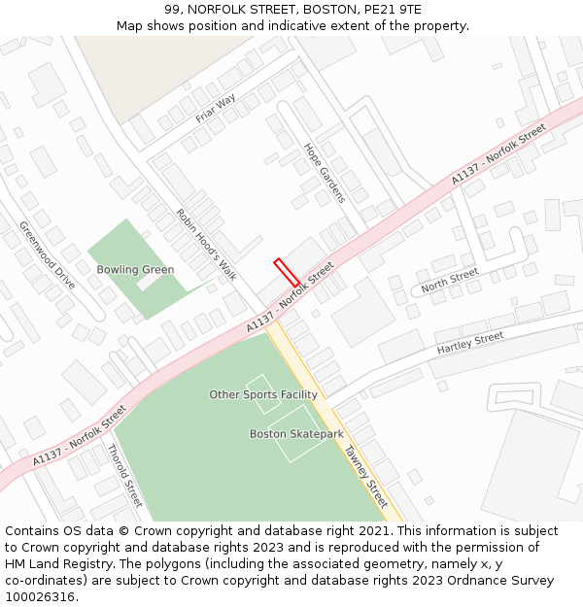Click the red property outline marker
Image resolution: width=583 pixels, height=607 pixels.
click(x=286, y=272)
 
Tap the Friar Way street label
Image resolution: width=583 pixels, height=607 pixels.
click(x=216, y=109)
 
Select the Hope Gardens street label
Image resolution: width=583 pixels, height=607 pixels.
click(x=325, y=173)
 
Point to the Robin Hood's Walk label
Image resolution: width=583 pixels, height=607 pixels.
click(x=206, y=245)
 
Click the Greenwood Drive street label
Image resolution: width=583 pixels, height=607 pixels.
click(x=47, y=255)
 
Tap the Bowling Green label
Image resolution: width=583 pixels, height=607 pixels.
click(x=135, y=270)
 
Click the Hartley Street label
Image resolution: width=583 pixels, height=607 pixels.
click(x=470, y=343)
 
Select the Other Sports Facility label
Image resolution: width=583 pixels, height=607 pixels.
click(x=263, y=394)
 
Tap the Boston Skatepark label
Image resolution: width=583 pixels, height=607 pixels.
click(x=296, y=434)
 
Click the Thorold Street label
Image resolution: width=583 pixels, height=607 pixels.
click(x=124, y=475)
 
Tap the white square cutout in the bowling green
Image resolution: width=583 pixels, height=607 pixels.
click(x=151, y=283)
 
